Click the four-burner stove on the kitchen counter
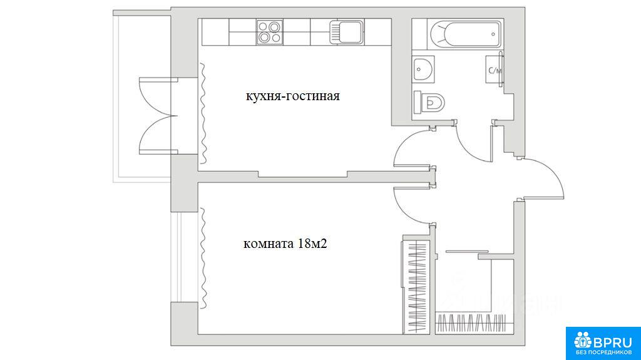click(x=269, y=32)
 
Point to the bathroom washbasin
click(x=423, y=69)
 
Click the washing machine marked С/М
click(x=494, y=69)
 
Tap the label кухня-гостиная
click(x=293, y=96)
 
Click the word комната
click(x=268, y=245)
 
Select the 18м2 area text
click(x=313, y=244)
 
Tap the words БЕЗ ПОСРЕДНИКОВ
click(x=603, y=352)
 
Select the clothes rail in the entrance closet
click(x=471, y=322)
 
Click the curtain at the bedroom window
click(x=203, y=259)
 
